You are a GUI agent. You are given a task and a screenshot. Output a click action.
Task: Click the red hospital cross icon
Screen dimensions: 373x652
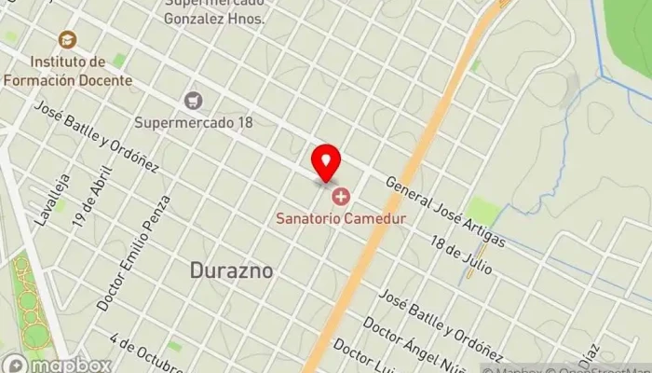[340, 197]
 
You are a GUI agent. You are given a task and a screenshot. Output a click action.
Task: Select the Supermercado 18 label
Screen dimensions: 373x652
[194, 122]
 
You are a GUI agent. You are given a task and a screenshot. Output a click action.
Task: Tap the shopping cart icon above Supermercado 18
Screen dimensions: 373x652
[194, 100]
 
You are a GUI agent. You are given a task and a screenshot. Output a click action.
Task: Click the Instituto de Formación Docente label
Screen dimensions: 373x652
[67, 71]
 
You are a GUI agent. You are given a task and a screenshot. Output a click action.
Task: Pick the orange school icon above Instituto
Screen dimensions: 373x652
[67, 39]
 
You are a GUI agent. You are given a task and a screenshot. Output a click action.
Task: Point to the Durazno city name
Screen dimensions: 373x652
[231, 270]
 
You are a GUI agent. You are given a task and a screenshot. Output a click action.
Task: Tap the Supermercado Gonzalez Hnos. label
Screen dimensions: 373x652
[213, 11]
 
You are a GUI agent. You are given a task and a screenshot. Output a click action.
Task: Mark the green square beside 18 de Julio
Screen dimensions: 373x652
[482, 211]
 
